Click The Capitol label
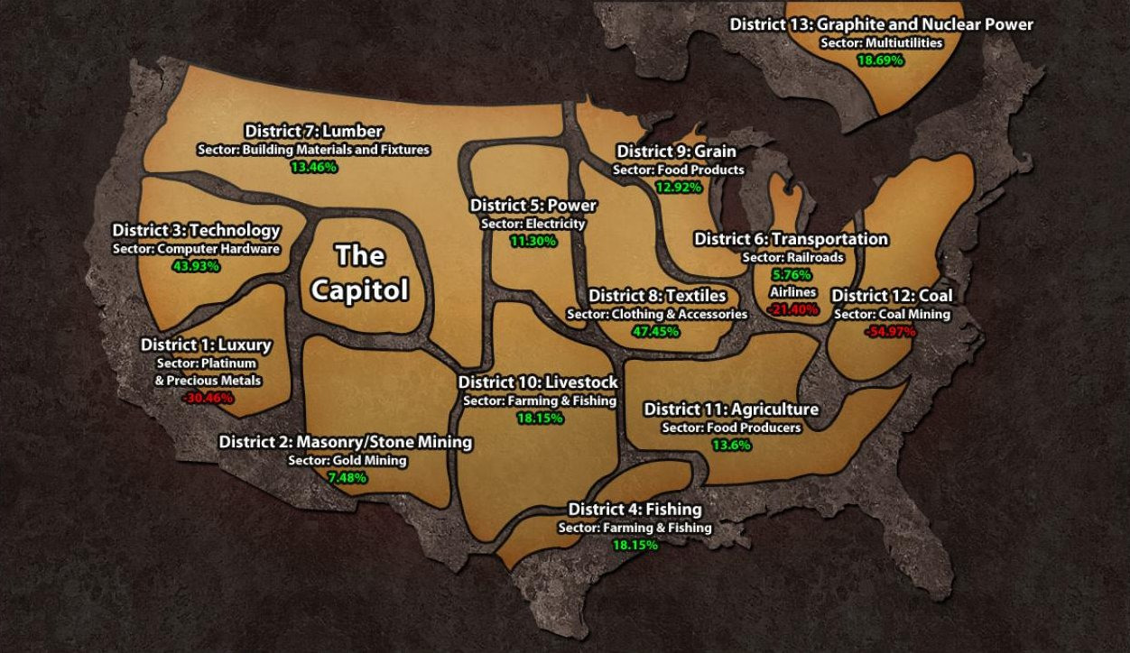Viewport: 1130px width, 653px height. coord(359,272)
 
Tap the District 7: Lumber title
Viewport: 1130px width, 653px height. coord(313,132)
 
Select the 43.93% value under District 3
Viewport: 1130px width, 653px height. coord(197,266)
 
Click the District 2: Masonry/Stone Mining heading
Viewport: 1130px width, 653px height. coord(346,442)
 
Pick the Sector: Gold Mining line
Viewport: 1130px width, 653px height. coord(347,460)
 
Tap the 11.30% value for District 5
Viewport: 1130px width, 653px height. coord(533,241)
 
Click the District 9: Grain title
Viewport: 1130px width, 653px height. coord(676,152)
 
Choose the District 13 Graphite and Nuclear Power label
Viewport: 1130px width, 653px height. coord(882,24)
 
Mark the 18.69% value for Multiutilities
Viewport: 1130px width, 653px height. coord(880,60)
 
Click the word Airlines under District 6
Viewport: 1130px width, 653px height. coord(793,292)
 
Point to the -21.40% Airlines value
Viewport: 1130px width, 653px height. coord(793,309)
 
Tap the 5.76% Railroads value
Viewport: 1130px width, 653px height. coord(792,274)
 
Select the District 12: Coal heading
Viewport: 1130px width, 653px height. coord(892,296)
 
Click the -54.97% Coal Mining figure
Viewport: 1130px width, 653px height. coord(891,331)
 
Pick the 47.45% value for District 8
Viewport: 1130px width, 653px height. coord(656,331)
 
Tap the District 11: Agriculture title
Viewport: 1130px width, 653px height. coord(731,409)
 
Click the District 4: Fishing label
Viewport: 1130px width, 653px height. coord(634,510)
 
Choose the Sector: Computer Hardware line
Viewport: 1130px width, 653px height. coord(196,249)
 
